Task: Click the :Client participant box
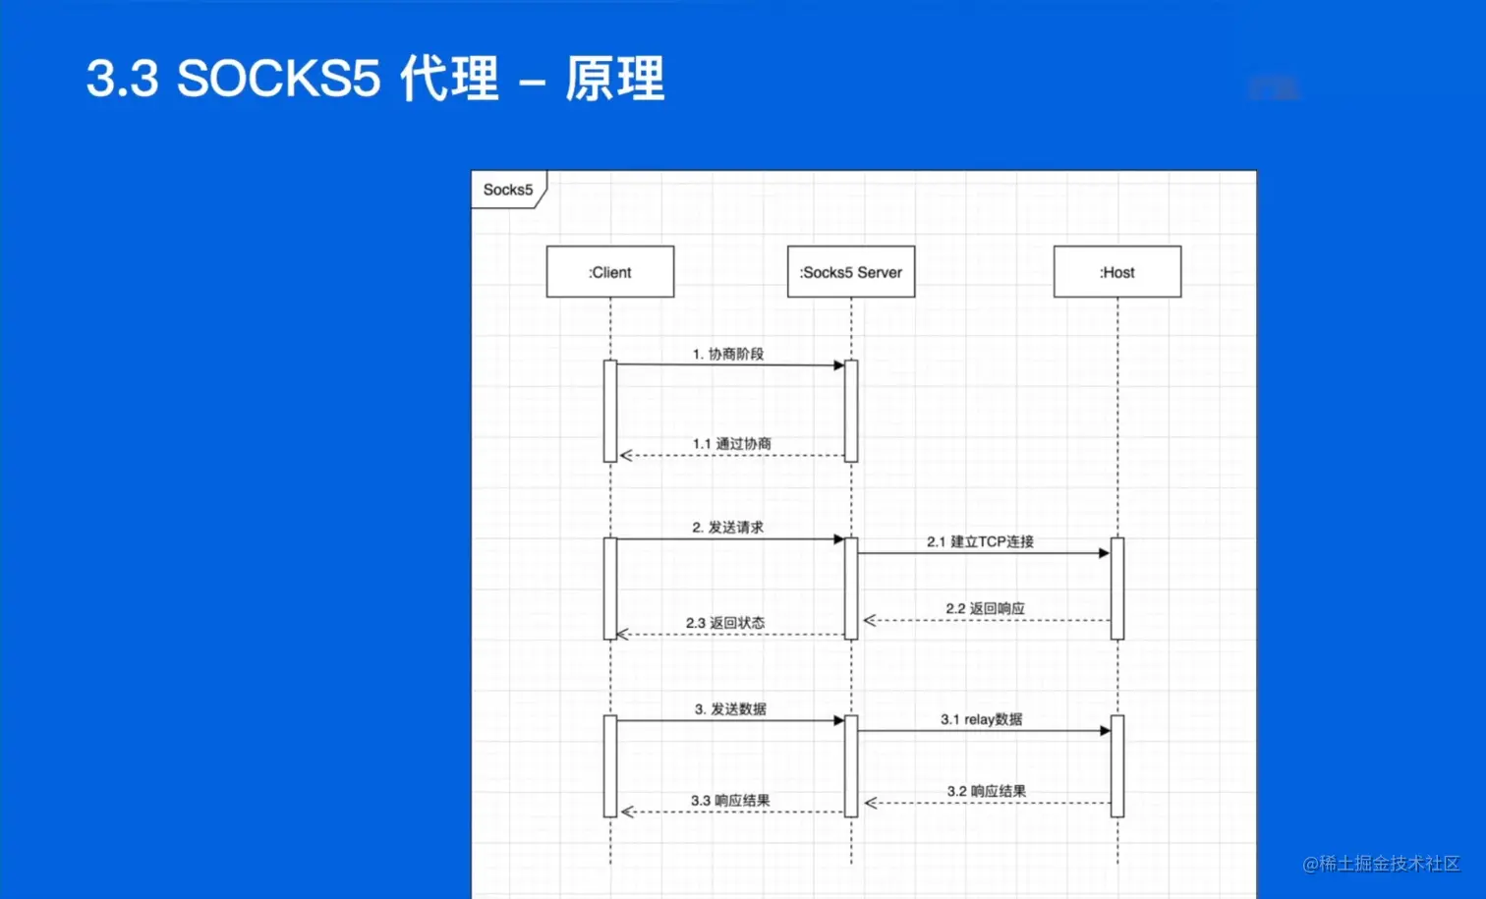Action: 610,272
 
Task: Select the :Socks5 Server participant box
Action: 851,272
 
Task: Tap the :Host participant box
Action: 1117,272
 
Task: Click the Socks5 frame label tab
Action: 508,190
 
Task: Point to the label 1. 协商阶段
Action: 728,354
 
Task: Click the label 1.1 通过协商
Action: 732,444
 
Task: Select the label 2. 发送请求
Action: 728,528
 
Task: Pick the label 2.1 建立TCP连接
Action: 980,541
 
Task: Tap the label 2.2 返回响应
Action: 985,609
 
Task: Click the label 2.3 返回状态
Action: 725,623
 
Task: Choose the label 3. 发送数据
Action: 730,709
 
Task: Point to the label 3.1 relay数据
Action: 981,719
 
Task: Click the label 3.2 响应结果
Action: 987,791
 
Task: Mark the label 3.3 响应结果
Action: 730,801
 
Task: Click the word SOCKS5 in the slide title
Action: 278,79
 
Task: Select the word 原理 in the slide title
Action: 615,79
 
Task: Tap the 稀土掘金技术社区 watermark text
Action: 1389,864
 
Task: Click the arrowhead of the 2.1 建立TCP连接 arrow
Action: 1104,553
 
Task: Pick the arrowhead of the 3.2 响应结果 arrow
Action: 871,803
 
